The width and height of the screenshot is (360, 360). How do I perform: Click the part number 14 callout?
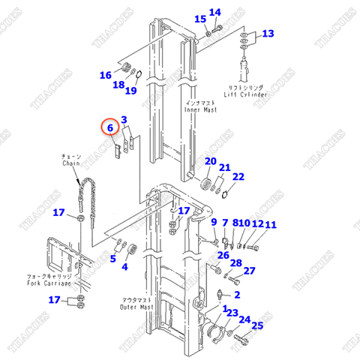click(215, 12)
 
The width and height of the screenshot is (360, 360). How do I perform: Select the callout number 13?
click(268, 33)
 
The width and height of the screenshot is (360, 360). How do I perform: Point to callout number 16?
click(105, 75)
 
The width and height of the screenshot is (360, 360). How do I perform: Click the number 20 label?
click(210, 161)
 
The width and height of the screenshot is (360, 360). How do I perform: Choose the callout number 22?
click(238, 177)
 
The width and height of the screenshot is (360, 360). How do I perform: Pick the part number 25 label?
click(257, 325)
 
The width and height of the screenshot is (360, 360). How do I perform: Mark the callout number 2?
click(236, 295)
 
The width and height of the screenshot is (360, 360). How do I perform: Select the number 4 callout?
click(124, 266)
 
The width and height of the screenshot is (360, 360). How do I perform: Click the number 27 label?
click(250, 271)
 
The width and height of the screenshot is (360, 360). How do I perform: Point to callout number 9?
click(214, 222)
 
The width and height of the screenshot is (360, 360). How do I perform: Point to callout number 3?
click(124, 119)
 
